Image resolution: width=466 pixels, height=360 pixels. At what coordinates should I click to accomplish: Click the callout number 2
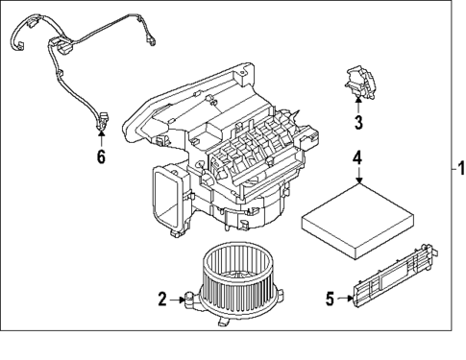point(162,300)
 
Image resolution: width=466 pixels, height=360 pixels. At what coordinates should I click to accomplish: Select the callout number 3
point(357,122)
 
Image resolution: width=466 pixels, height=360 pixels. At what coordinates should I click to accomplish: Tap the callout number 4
point(356,158)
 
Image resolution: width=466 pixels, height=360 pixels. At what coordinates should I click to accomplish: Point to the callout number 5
point(331,299)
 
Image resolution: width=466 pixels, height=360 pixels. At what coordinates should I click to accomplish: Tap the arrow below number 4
point(356,177)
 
